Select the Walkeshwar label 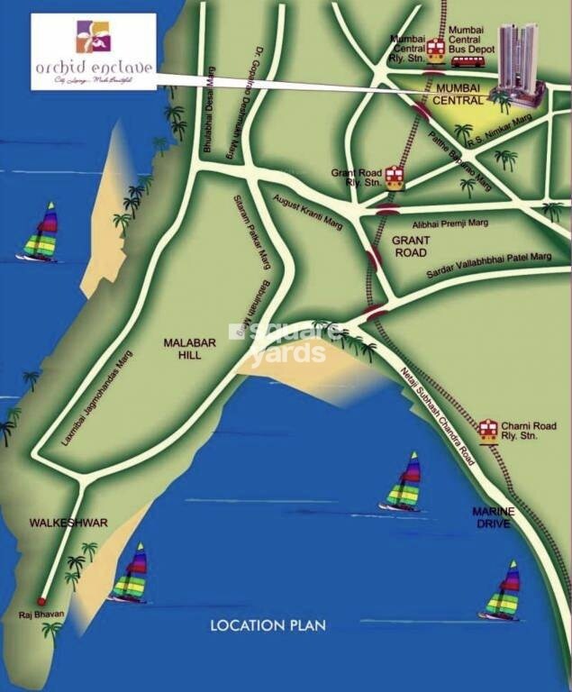56,523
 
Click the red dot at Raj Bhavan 41,601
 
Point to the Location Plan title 268,624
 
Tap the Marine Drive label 494,517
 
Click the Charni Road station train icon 488,430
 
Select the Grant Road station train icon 394,178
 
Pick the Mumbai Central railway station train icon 436,50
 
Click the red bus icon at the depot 468,61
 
